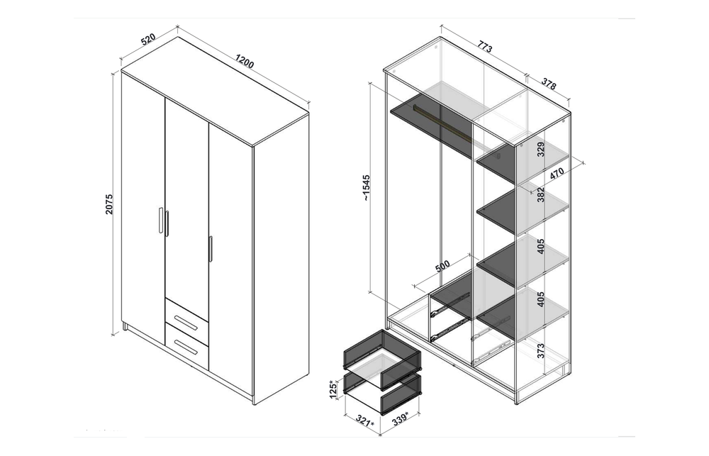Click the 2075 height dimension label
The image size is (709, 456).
109,204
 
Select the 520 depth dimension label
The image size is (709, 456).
148,39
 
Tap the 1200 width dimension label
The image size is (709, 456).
245,62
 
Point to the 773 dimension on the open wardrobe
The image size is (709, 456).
485,47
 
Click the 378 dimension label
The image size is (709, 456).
549,84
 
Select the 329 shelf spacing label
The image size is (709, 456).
541,149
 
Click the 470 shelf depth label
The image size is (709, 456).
557,174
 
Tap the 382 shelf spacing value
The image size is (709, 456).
541,195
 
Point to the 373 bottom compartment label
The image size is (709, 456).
541,350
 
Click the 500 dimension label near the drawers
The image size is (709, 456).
442,267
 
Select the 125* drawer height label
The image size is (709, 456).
333,389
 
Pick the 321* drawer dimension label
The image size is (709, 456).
365,421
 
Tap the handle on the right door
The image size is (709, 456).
211,249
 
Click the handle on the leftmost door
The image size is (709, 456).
161,221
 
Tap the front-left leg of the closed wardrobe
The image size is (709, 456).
125,327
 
